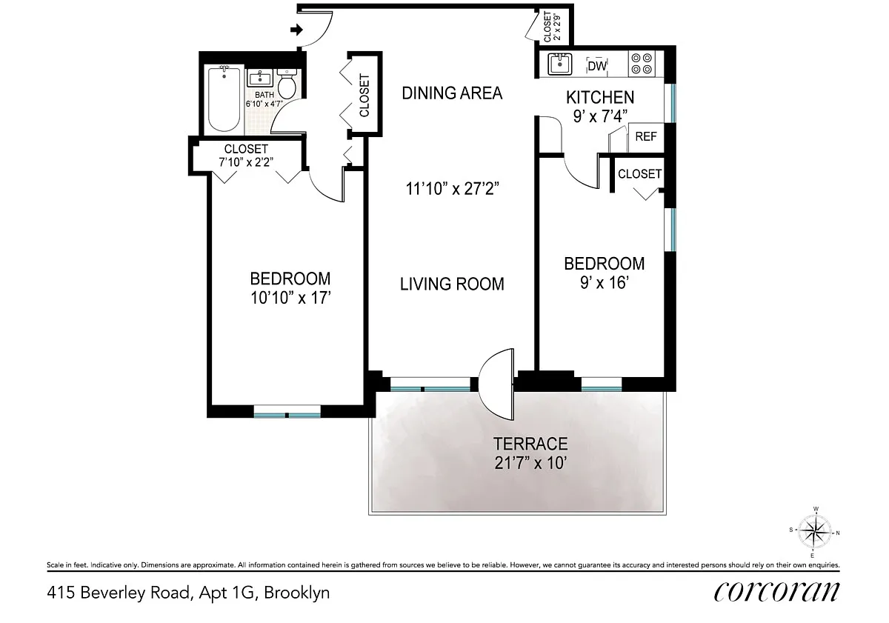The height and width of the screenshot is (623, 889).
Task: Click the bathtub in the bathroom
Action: (x=224, y=99)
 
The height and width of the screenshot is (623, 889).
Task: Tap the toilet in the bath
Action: (x=287, y=84)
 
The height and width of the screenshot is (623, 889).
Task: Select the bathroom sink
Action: (x=259, y=78)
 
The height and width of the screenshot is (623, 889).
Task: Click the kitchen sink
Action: (x=559, y=64)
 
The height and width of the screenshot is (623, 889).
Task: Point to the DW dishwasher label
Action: (x=597, y=66)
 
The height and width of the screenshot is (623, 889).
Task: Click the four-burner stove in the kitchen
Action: (x=642, y=64)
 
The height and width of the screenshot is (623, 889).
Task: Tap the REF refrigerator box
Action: (x=646, y=137)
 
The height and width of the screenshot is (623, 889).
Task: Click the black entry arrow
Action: (x=296, y=30)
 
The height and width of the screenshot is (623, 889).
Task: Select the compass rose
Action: (x=814, y=532)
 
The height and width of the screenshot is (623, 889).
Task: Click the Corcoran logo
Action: (x=776, y=592)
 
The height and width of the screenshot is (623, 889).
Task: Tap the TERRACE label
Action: (x=530, y=444)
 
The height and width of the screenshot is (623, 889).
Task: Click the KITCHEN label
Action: (x=600, y=97)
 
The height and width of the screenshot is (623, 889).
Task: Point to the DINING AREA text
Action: (x=452, y=93)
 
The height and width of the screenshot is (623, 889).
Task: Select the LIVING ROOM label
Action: (x=452, y=284)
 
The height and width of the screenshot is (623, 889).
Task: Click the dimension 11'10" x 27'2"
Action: (x=452, y=188)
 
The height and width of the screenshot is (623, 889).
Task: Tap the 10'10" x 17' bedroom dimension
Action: (x=290, y=298)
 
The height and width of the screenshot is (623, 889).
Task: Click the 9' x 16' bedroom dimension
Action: (x=605, y=283)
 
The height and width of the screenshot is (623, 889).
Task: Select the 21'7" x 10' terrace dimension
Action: (x=530, y=463)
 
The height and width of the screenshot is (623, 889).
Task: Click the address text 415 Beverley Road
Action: (x=120, y=593)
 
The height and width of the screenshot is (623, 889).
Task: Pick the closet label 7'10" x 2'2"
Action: (x=246, y=162)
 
